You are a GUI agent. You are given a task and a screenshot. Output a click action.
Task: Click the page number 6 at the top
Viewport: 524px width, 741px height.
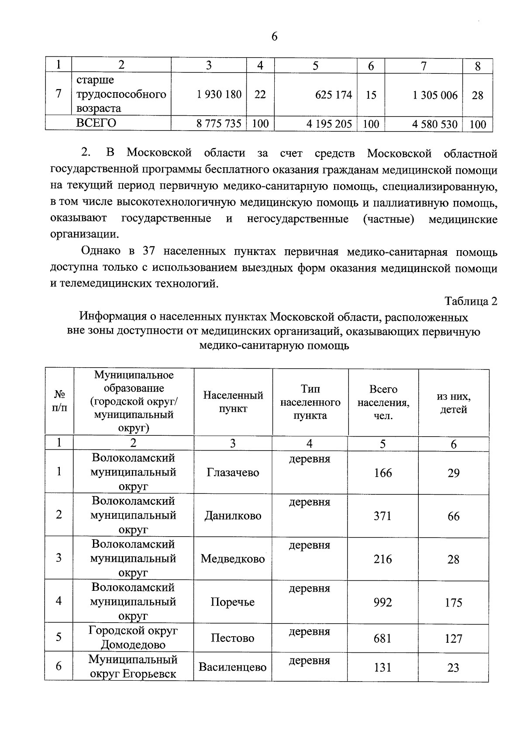pos(274,37)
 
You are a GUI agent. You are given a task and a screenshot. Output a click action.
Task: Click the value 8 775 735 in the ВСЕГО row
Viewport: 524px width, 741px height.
pos(219,124)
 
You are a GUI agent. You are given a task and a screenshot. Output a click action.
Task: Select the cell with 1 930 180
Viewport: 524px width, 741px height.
pos(219,94)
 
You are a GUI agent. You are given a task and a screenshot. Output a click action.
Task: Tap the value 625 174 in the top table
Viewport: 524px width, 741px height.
pos(334,95)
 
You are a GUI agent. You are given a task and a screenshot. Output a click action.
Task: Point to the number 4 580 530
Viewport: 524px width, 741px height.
pos(434,124)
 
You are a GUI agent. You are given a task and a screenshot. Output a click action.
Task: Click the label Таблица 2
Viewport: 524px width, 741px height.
pos(471,301)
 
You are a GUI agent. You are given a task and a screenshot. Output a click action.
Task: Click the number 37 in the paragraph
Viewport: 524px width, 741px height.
pos(150,252)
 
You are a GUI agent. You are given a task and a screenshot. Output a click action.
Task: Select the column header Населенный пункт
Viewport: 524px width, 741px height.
pos(233,402)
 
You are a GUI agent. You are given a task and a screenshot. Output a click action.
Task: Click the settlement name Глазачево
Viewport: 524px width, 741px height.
pos(233,473)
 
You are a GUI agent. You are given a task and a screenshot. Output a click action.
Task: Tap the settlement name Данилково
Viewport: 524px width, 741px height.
pos(233,516)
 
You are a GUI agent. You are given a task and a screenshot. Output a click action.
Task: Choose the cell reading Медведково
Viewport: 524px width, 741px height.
pos(233,559)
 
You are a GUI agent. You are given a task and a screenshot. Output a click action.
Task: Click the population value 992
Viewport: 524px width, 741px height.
pos(383,603)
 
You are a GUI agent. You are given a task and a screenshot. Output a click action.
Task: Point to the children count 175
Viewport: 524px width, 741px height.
pos(453,603)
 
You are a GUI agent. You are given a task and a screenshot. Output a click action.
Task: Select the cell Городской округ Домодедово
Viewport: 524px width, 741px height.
pos(133,638)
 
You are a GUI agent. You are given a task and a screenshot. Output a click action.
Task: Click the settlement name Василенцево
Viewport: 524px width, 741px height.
pos(233,667)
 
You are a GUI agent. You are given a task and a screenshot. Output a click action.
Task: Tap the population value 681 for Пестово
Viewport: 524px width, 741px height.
pos(383,638)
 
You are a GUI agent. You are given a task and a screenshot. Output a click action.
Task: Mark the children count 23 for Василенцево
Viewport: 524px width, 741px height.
pos(453,667)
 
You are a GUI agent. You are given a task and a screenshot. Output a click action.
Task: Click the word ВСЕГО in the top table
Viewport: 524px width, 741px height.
pos(96,123)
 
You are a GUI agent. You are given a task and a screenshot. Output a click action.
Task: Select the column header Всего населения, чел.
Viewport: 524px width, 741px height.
pos(383,402)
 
